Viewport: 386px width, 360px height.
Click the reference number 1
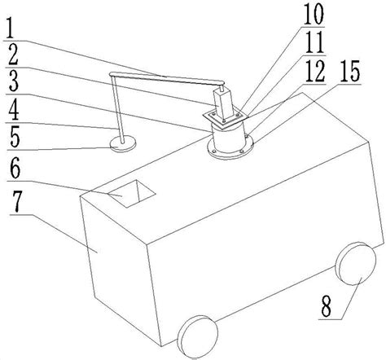pyautogui.click(x=11, y=28)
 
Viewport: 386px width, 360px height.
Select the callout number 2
pyautogui.click(x=13, y=55)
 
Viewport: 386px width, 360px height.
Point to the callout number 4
pyautogui.click(x=14, y=109)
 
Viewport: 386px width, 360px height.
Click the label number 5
pyautogui.click(x=14, y=138)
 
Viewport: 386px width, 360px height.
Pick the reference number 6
pyautogui.click(x=15, y=169)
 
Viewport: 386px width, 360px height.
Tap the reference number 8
pyautogui.click(x=327, y=307)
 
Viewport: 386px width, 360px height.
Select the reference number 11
pyautogui.click(x=314, y=42)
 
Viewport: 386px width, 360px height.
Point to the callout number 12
pyautogui.click(x=315, y=72)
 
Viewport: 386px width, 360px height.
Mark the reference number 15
pyautogui.click(x=349, y=71)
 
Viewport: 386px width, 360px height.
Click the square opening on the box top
pyautogui.click(x=132, y=195)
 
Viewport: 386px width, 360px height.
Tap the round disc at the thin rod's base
pyautogui.click(x=123, y=143)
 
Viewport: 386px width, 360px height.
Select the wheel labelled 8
pyautogui.click(x=356, y=264)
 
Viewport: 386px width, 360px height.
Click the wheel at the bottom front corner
pyautogui.click(x=197, y=336)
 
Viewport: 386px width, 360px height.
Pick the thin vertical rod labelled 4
pyautogui.click(x=117, y=108)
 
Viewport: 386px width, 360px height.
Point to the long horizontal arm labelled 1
pyautogui.click(x=167, y=78)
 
